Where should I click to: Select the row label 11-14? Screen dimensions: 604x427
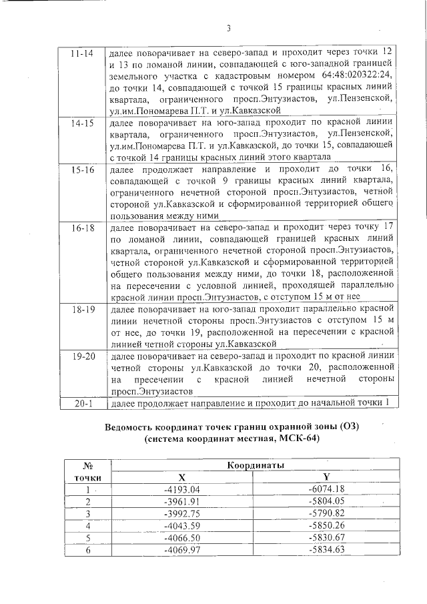tap(81, 52)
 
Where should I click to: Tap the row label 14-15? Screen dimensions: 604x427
tap(81, 123)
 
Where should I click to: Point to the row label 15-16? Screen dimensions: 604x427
tap(81, 171)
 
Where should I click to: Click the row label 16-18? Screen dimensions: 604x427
tap(81, 228)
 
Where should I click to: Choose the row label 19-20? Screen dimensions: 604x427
tap(81, 357)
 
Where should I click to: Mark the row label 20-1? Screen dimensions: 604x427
tap(81, 404)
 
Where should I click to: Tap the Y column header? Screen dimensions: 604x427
tap(326, 477)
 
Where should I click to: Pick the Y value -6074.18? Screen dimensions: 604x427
tap(326, 490)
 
